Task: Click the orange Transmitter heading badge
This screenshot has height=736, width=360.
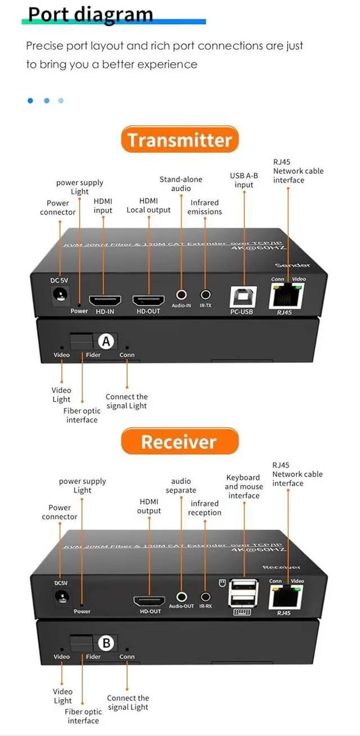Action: [179, 140]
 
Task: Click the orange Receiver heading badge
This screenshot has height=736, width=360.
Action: [179, 442]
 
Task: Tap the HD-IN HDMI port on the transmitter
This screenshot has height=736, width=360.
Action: [103, 299]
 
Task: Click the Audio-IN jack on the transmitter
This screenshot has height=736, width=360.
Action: [182, 294]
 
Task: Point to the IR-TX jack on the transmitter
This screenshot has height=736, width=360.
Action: [205, 294]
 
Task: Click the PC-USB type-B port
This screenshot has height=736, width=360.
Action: [244, 296]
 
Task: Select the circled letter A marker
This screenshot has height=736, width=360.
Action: [106, 341]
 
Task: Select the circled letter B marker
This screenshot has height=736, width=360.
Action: [106, 643]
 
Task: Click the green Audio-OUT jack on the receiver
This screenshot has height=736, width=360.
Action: [182, 597]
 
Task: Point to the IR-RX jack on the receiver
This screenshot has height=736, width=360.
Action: [205, 597]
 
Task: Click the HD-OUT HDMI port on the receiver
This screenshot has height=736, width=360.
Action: [148, 600]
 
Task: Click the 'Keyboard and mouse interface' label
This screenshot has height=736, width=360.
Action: [243, 486]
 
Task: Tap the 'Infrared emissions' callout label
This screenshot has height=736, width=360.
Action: [205, 207]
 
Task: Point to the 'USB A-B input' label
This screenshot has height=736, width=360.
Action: [244, 180]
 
